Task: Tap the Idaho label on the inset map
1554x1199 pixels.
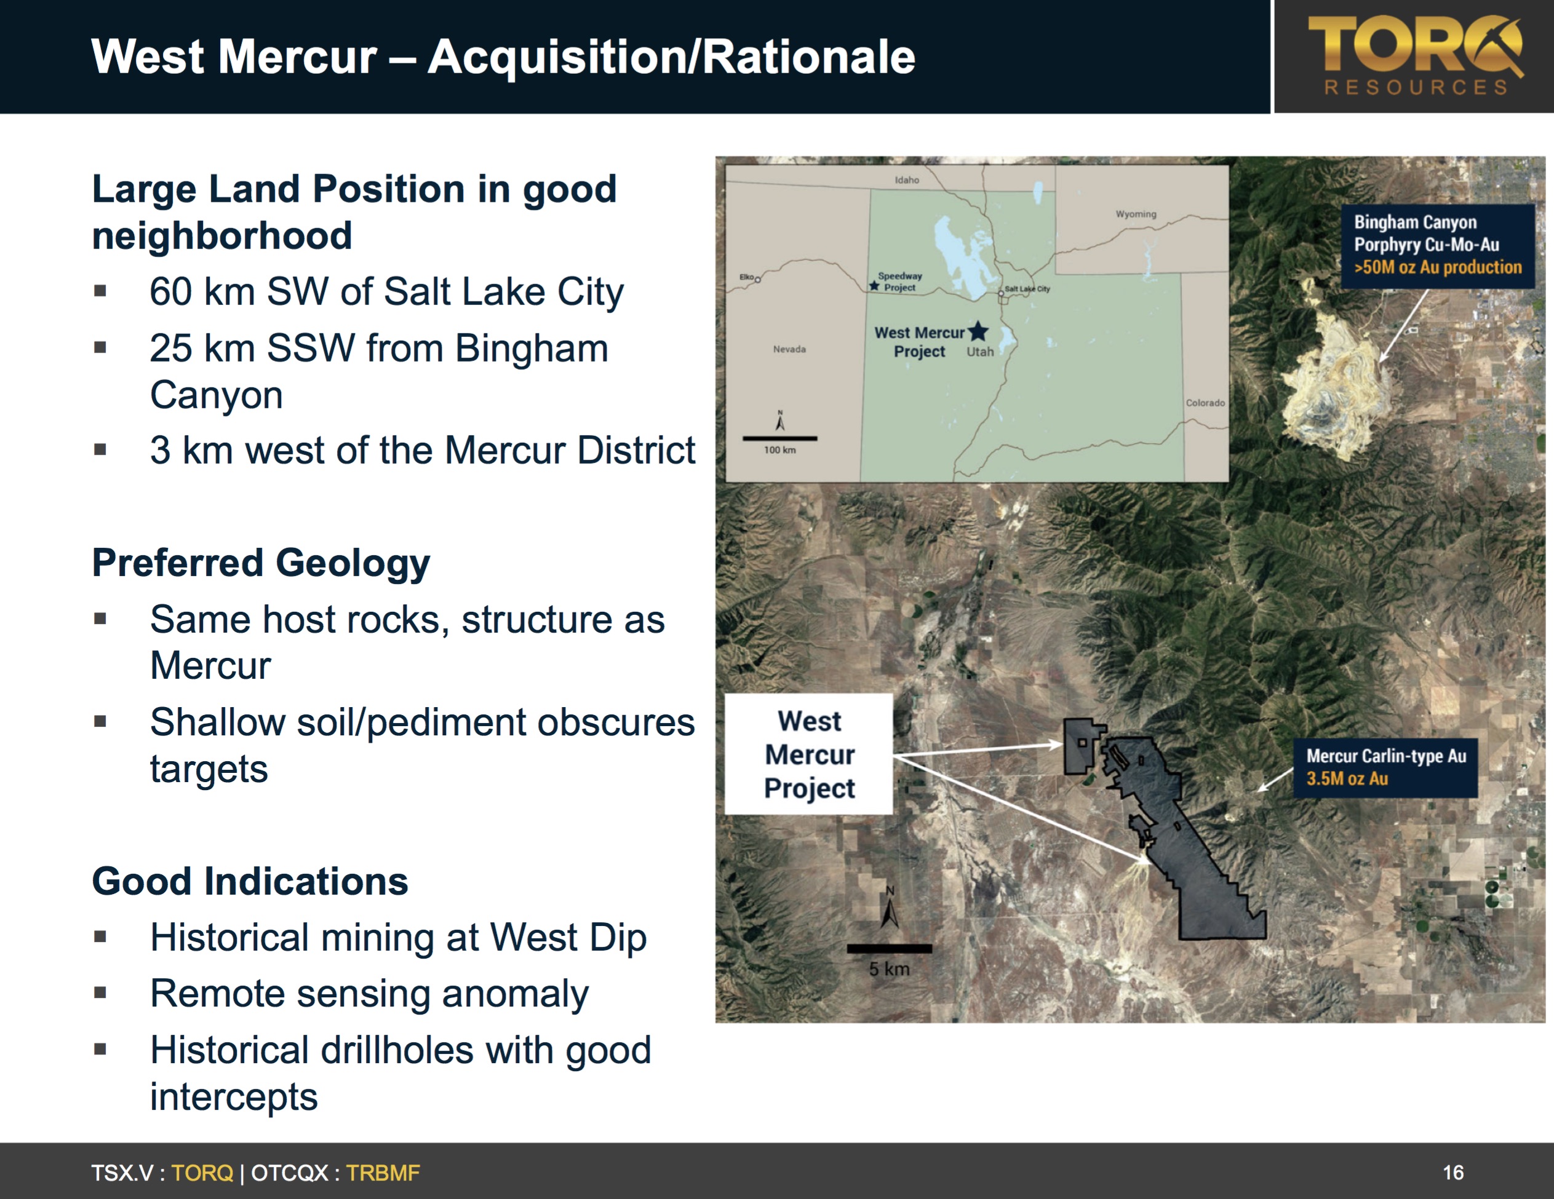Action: pos(907,180)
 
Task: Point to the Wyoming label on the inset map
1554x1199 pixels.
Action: pos(1136,214)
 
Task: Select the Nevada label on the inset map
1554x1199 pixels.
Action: pos(790,349)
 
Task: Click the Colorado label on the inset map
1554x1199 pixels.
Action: pos(1205,403)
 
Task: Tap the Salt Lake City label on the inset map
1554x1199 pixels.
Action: pos(1027,289)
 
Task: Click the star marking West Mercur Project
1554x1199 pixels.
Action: pos(978,331)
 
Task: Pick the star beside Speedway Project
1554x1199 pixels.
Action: pos(874,286)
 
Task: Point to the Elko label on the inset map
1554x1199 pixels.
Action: pos(746,277)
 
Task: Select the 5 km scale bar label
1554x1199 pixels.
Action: pos(890,968)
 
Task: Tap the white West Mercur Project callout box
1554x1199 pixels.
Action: pos(809,754)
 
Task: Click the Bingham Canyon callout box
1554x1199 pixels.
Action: pos(1437,245)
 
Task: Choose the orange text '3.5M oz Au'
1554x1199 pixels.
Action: pos(1347,778)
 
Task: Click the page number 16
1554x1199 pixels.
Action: pos(1453,1172)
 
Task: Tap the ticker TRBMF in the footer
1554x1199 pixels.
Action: pos(383,1173)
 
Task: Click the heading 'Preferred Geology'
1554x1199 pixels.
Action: pos(261,563)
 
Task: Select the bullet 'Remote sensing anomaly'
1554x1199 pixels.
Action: pos(369,994)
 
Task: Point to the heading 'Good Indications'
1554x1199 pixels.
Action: pos(250,881)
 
